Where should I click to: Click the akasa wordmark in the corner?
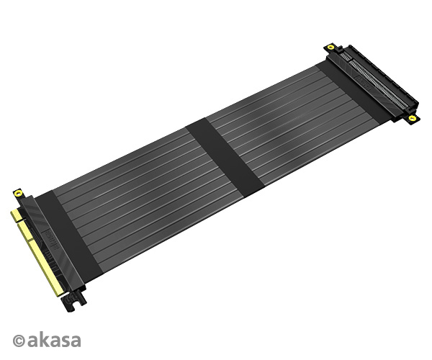point(54,341)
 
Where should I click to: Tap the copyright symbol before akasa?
point(19,341)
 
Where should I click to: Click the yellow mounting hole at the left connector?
point(18,193)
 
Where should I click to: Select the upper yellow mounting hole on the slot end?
point(330,47)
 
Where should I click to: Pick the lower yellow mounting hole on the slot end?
point(412,118)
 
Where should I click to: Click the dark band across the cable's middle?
point(225,158)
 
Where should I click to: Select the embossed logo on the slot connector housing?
point(364,83)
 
